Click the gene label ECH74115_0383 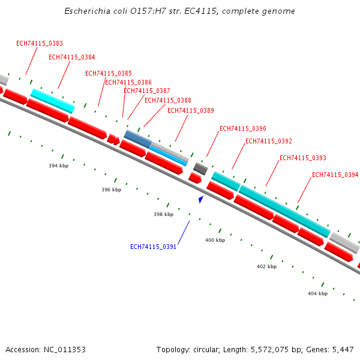click(x=40, y=43)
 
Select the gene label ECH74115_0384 click(x=71, y=57)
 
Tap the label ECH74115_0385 click(x=109, y=73)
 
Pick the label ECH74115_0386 click(x=128, y=82)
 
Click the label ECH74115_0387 click(x=147, y=91)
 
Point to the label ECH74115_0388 click(x=168, y=100)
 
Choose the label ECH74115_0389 click(x=191, y=110)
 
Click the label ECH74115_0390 click(x=243, y=128)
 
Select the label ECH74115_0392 click(x=269, y=141)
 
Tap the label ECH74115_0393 click(x=303, y=158)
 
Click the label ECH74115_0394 click(x=335, y=175)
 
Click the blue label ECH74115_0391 click(x=154, y=247)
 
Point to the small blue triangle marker click(x=201, y=199)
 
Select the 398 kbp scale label click(x=164, y=214)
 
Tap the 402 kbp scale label click(x=266, y=266)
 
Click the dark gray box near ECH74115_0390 click(x=200, y=169)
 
